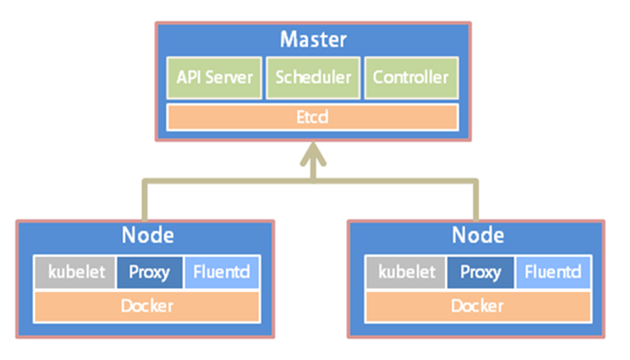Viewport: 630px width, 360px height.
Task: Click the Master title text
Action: (313, 39)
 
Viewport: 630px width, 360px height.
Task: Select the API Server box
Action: (214, 78)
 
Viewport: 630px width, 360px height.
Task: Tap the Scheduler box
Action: (313, 78)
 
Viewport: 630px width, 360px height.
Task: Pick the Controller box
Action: (411, 78)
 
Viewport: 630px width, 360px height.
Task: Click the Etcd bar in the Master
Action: (313, 117)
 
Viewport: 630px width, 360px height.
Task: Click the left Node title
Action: (148, 235)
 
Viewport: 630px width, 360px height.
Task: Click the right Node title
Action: (477, 235)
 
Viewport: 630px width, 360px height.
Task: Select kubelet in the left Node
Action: (75, 272)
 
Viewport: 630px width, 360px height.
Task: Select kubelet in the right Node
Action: (406, 272)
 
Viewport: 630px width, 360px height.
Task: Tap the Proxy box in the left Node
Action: (149, 272)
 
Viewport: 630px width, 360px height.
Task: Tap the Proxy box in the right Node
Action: (481, 272)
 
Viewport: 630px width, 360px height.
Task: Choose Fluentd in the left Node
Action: (221, 272)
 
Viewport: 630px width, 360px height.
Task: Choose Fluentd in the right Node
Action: (553, 272)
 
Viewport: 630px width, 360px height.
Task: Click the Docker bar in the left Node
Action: (147, 306)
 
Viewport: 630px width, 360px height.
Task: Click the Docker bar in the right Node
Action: (478, 306)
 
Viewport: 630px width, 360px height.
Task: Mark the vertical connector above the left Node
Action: (145, 200)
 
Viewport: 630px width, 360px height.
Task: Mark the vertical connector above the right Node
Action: (476, 200)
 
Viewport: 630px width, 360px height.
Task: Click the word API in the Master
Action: (188, 78)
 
